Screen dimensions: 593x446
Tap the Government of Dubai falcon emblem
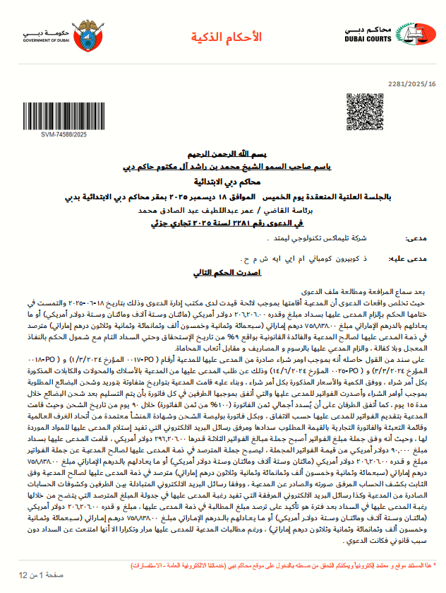pos(88,33)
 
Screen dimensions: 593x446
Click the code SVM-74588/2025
pos(64,134)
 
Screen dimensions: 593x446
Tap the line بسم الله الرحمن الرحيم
pos(222,153)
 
